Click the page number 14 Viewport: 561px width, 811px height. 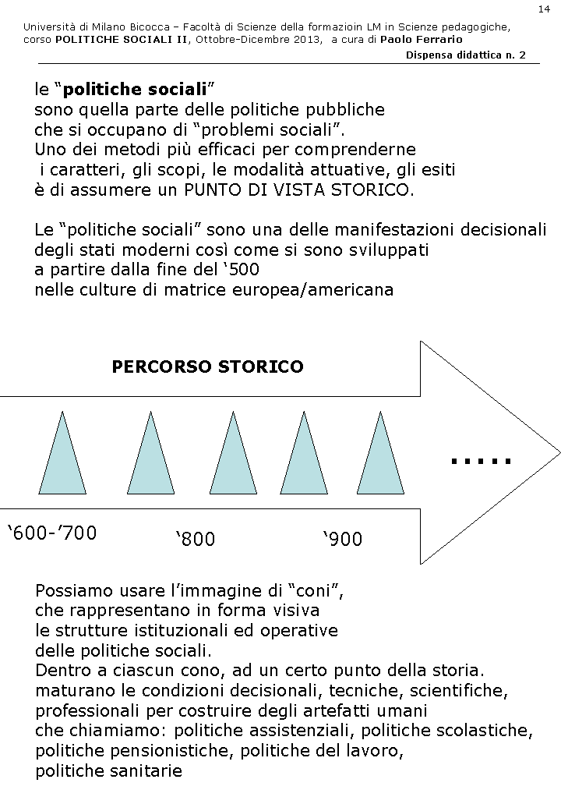pos(543,9)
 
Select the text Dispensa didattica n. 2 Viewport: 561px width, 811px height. pos(466,55)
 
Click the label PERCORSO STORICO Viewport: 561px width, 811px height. pos(208,367)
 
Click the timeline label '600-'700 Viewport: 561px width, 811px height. pos(52,533)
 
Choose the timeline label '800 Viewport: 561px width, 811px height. pos(195,539)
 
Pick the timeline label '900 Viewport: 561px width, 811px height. pos(342,539)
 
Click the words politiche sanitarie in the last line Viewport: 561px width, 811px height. pos(108,771)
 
